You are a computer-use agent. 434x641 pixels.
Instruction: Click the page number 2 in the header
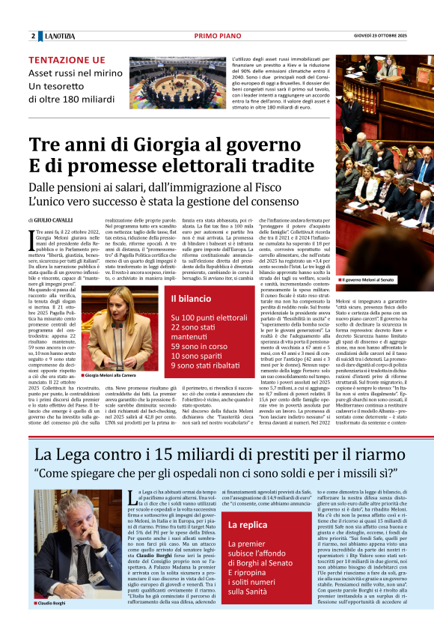(34, 36)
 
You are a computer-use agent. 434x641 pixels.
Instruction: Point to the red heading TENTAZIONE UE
(67, 60)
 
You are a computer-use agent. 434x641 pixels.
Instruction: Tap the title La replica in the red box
(247, 525)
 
